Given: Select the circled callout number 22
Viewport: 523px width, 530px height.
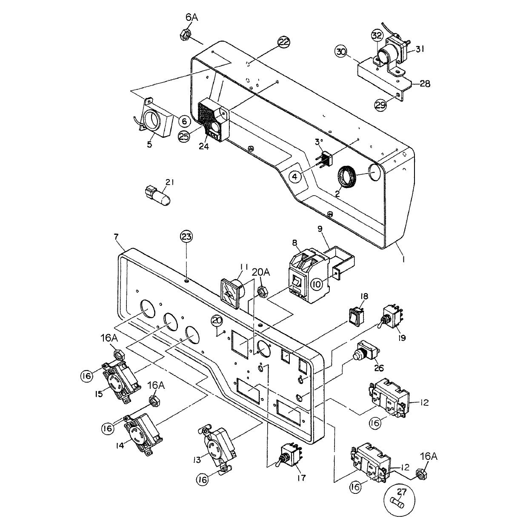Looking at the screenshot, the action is tap(283, 42).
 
